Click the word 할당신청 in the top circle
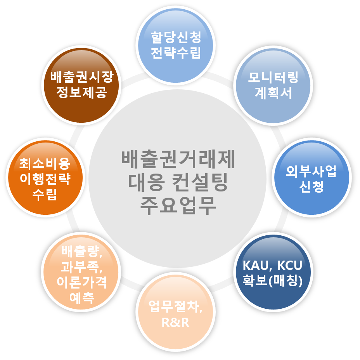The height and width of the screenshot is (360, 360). click(x=176, y=38)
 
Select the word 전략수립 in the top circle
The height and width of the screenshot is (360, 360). click(x=176, y=52)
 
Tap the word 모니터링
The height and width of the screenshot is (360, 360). click(x=273, y=78)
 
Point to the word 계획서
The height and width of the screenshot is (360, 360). click(x=273, y=93)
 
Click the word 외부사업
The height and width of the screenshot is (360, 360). click(x=311, y=172)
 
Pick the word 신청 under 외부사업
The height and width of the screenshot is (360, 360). click(x=311, y=187)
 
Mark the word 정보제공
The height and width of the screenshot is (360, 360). click(x=81, y=92)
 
